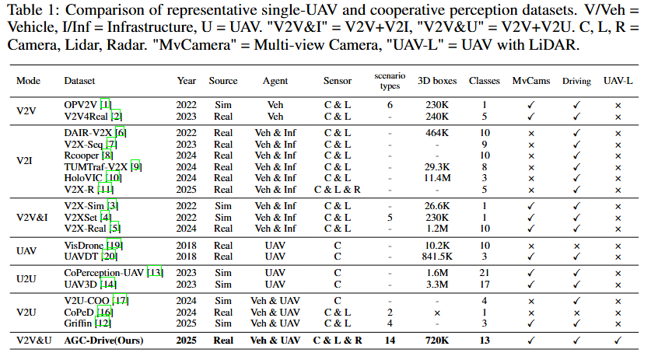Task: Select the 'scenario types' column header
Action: pos(390,81)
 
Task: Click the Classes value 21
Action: pos(485,272)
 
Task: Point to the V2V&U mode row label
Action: pos(37,341)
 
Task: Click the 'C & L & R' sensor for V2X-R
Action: pos(338,189)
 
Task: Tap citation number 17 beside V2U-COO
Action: pos(121,300)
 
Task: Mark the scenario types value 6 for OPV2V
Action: pos(390,105)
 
